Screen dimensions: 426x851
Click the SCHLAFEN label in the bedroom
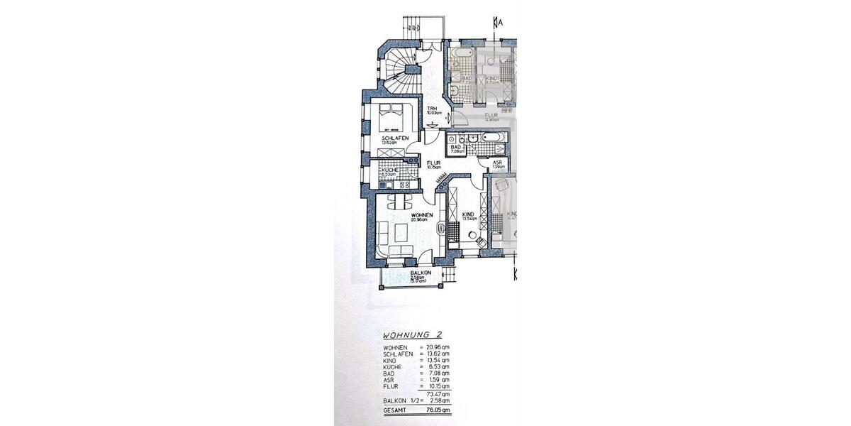pos(395,138)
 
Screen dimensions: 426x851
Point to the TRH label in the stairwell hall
pos(431,108)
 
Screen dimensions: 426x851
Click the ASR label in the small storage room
pos(498,163)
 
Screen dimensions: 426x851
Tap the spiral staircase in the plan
pos(401,67)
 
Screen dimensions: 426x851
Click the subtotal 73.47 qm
pos(437,394)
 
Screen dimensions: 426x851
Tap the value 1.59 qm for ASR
pos(438,381)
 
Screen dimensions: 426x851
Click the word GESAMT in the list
pos(396,410)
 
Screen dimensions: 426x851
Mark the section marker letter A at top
pos(501,23)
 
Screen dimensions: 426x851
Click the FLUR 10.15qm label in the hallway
pos(433,165)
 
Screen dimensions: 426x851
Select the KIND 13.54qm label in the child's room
pos(468,216)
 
